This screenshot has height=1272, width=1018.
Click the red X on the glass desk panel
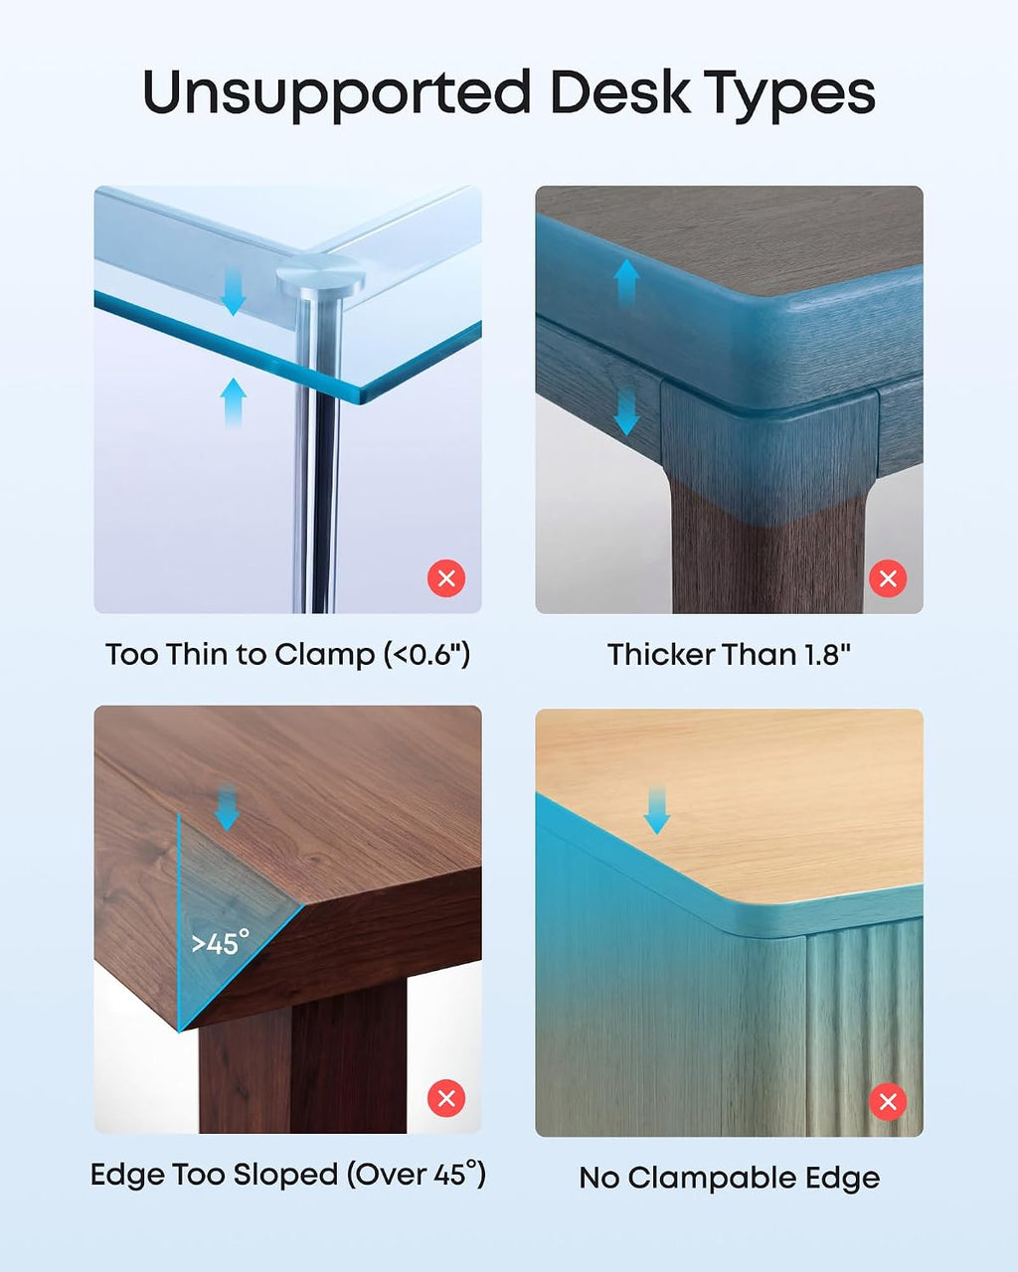[446, 578]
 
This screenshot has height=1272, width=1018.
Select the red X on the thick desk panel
[888, 578]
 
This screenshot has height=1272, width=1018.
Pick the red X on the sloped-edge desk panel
[446, 1098]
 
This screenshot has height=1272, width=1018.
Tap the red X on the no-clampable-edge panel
[888, 1102]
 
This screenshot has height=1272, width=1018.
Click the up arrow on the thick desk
[626, 284]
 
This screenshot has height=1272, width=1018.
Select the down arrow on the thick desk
[626, 410]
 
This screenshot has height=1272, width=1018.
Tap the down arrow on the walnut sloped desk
[227, 806]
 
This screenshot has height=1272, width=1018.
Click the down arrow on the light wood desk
[656, 810]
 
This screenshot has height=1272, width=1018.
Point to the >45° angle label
[220, 942]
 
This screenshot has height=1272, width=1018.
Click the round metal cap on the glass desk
[320, 276]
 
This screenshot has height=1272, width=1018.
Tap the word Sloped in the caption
[285, 1176]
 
